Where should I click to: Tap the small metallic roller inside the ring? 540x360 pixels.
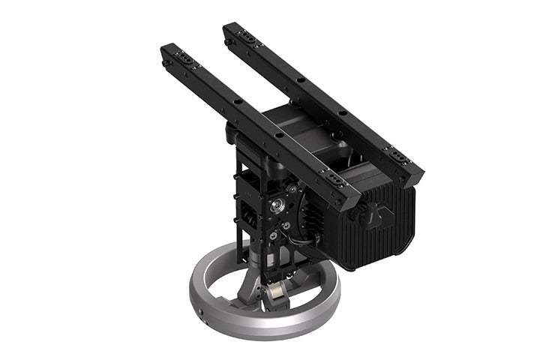(x=276, y=295)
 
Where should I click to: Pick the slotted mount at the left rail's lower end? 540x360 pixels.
(x=329, y=179)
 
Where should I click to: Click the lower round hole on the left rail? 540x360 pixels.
(x=279, y=136)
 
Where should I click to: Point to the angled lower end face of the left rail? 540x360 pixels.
(x=351, y=202)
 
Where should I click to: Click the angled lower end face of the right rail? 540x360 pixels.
(x=414, y=178)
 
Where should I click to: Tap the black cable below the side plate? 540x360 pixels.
(x=304, y=243)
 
